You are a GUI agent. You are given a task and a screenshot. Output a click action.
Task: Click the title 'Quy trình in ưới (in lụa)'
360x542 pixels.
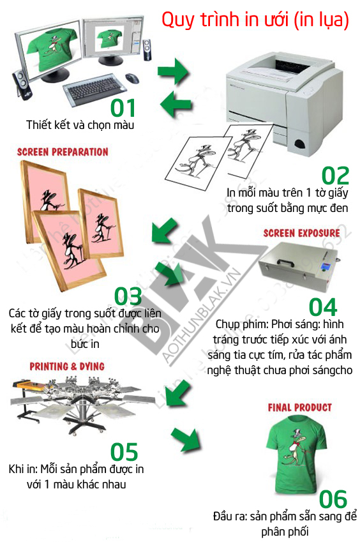point(255,19)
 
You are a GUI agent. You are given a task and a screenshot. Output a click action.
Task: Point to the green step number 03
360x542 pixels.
point(128,296)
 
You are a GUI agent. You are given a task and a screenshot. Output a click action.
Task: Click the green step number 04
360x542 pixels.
point(323,307)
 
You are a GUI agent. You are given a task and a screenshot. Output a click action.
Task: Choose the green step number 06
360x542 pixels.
point(333,499)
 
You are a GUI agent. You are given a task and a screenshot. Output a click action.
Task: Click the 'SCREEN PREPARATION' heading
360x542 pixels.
point(63,152)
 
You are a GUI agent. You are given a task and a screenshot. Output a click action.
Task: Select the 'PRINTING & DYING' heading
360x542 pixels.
point(67,366)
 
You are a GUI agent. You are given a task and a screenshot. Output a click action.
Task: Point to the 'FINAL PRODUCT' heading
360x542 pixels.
point(300,407)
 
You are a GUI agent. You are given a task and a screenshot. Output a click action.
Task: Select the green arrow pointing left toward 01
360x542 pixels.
point(175,103)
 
